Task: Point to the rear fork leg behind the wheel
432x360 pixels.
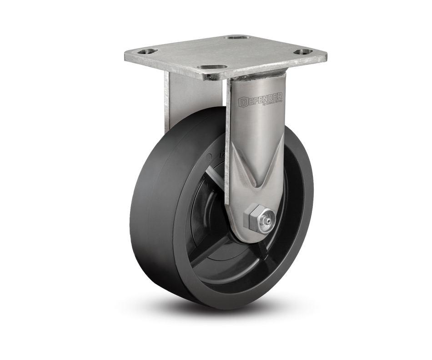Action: pyautogui.click(x=171, y=105)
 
